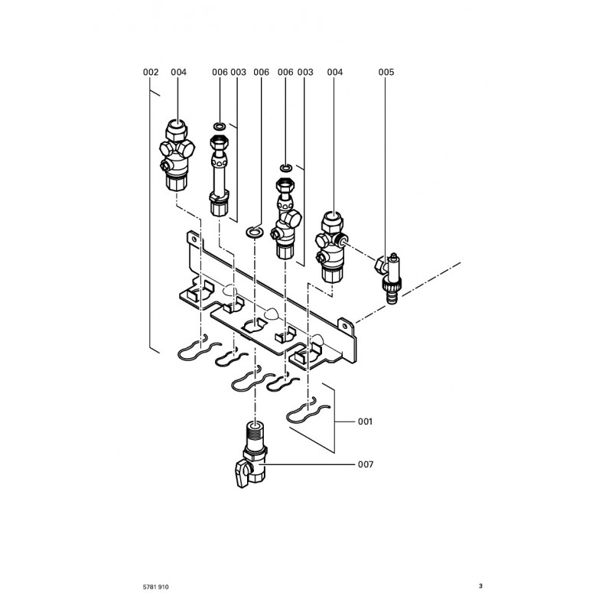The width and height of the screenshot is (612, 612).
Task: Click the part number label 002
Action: tap(151, 72)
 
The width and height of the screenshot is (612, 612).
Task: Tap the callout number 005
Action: tap(386, 72)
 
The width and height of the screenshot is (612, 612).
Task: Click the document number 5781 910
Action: tap(155, 587)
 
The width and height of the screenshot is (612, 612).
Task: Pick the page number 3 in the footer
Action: tap(480, 587)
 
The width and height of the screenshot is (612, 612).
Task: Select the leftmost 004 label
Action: tap(179, 72)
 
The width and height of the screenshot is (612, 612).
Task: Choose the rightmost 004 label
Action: tap(335, 72)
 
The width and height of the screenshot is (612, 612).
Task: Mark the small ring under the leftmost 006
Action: tap(220, 125)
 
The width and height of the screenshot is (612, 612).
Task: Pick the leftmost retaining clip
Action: tap(193, 350)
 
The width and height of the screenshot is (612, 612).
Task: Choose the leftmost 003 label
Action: tap(238, 72)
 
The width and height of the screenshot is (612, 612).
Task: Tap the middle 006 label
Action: tap(261, 72)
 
